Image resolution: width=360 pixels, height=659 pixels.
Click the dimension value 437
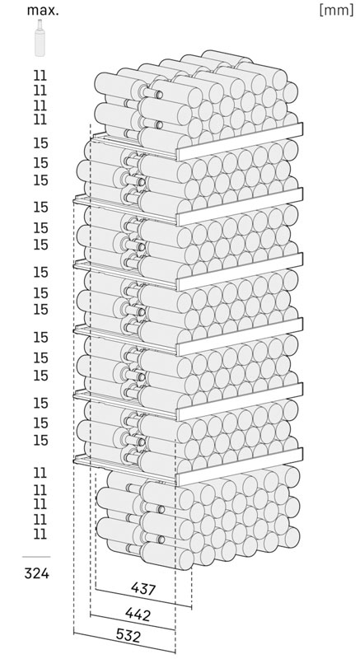[x=143, y=589]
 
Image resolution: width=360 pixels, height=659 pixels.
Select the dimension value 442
[x=138, y=615]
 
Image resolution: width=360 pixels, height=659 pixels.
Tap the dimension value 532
[x=128, y=636]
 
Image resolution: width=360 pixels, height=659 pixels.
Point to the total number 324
[x=36, y=573]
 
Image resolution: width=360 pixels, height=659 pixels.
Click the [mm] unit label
[x=336, y=10]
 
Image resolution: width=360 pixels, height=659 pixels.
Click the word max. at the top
[x=43, y=11]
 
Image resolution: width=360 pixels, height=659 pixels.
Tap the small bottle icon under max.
[x=40, y=38]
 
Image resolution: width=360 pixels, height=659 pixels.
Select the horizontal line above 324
[x=36, y=557]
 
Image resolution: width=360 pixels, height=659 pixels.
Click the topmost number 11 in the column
[x=40, y=76]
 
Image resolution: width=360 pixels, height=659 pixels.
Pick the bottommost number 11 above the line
[x=40, y=534]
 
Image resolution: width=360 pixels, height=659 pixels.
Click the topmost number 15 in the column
[x=40, y=143]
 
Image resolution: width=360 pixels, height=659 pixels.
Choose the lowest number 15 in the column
[x=40, y=441]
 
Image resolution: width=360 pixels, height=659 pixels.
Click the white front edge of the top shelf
[x=240, y=142]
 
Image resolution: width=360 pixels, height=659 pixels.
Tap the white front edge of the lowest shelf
[x=240, y=466]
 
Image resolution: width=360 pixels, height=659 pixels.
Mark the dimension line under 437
[x=143, y=598]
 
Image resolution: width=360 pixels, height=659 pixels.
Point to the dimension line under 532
[x=124, y=643]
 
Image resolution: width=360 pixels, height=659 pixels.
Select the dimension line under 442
[x=133, y=622]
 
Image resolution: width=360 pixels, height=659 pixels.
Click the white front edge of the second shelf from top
[x=240, y=207]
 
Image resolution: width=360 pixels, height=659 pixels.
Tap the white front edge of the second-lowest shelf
[x=240, y=402]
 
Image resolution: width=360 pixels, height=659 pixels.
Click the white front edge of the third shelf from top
[x=240, y=272]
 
